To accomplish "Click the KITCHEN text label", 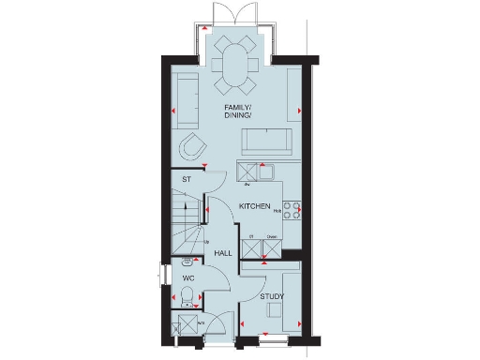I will [255, 206].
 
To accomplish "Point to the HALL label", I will [223, 253].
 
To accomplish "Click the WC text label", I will [187, 278].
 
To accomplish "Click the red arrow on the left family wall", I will [174, 112].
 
